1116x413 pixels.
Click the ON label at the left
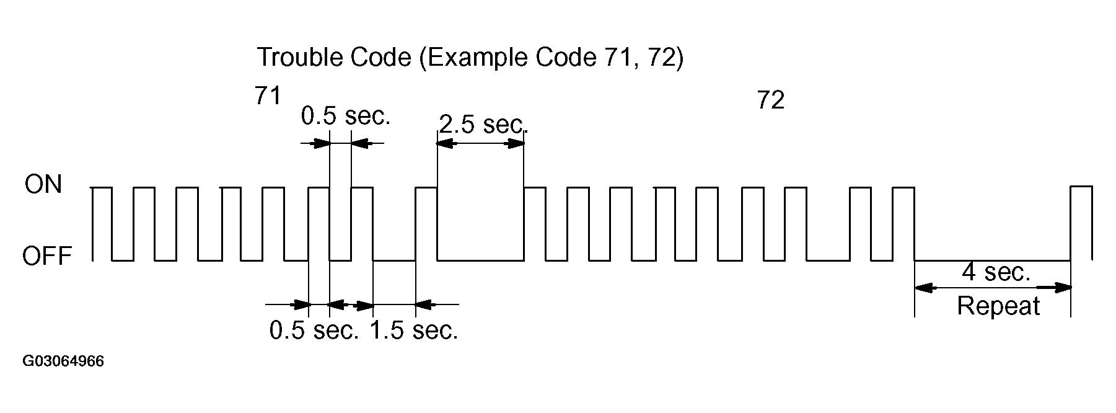[43, 185]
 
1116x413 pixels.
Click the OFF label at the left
[47, 256]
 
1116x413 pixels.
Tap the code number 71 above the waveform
[268, 96]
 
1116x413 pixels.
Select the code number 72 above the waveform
[771, 100]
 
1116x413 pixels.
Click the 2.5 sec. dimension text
[483, 124]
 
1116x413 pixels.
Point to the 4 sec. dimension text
[996, 272]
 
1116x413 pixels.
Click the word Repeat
[998, 306]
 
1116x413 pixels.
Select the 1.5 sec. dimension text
[414, 331]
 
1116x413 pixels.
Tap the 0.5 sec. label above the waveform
[346, 116]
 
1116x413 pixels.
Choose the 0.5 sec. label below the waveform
[314, 331]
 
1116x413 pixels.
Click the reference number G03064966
[63, 362]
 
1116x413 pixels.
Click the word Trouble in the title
[300, 58]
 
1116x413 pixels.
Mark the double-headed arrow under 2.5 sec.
[480, 144]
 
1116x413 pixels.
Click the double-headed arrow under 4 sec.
[993, 288]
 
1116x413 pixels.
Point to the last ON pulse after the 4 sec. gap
[1081, 187]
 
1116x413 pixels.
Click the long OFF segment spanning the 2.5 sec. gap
[480, 260]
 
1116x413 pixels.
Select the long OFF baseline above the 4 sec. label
[993, 260]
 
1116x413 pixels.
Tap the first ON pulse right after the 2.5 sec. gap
[535, 187]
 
